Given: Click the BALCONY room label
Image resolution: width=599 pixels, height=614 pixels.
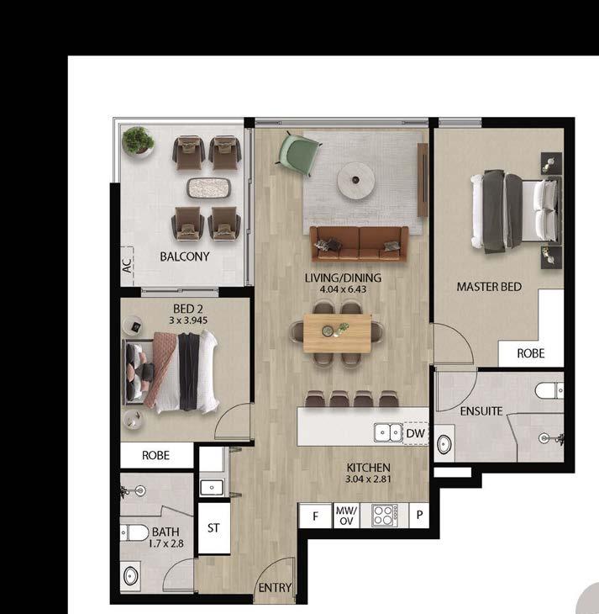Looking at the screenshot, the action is [185, 257].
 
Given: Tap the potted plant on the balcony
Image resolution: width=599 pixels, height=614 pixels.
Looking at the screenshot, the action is [137, 141].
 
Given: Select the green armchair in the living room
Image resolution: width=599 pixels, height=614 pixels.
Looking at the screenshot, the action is [298, 153].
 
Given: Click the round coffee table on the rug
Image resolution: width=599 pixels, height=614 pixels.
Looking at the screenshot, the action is [356, 180].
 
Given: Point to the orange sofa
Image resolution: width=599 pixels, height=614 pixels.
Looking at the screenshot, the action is [360, 244].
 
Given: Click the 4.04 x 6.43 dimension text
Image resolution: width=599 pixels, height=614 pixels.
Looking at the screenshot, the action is [343, 290].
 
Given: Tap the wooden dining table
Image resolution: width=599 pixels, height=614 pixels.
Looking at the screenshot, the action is [337, 333].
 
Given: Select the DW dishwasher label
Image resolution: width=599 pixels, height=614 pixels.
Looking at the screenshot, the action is [416, 433].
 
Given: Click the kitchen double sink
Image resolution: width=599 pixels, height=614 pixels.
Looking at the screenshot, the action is [388, 433].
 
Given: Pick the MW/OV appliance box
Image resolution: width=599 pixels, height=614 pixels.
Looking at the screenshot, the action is [346, 516].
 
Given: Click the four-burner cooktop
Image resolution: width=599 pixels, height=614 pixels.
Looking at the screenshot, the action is [384, 516].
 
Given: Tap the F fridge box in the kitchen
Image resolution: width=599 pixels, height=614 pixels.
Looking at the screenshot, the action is [315, 516].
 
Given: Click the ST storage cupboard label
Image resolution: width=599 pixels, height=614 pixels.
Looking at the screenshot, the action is [213, 528].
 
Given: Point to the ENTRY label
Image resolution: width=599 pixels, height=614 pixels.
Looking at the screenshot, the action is [275, 587].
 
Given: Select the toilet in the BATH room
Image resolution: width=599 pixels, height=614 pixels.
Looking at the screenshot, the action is [134, 533].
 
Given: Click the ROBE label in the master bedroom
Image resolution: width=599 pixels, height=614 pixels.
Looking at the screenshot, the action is [531, 353].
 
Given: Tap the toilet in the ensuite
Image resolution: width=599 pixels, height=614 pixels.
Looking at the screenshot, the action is [549, 390].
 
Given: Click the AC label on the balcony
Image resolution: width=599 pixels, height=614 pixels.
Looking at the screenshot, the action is [128, 266].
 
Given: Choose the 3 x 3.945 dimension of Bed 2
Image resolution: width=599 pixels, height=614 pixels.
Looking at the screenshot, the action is [188, 320].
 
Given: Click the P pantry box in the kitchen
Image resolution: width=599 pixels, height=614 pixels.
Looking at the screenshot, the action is [419, 516].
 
